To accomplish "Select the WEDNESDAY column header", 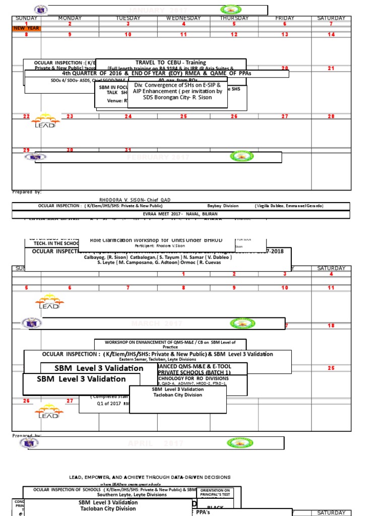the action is point(183,19).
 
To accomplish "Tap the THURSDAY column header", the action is point(234,19).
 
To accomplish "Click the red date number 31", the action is point(128,150).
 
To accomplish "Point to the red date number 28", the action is point(331,116).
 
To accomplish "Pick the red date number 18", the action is point(331,326).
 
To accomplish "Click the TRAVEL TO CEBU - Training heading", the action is point(171,62).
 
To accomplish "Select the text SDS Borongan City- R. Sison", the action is point(178,97).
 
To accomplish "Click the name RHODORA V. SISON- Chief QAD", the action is point(136,200).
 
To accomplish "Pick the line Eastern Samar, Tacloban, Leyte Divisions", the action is point(157,359).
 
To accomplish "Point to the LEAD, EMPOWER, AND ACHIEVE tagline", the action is point(150,477).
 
